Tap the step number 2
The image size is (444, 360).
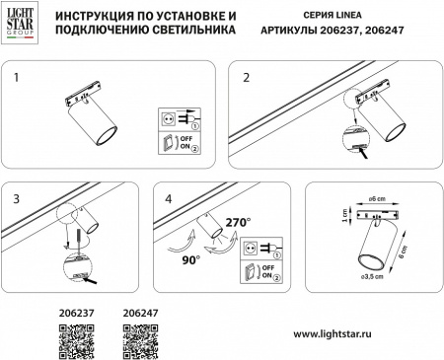247,76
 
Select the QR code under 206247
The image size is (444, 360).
140,340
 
